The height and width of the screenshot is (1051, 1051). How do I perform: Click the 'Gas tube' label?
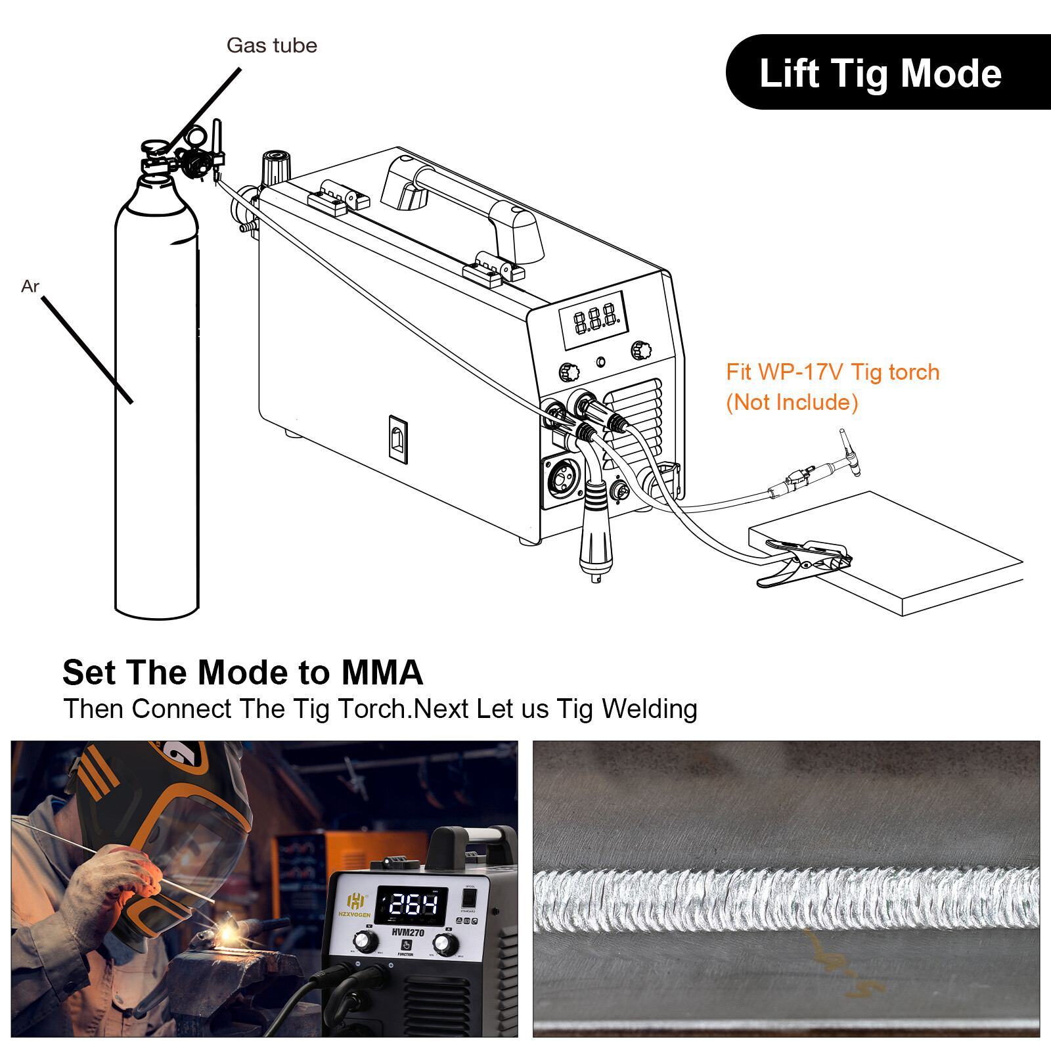tap(271, 45)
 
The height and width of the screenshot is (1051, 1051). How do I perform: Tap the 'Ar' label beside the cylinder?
tap(30, 286)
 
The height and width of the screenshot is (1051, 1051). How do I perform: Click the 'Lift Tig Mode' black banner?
tap(880, 72)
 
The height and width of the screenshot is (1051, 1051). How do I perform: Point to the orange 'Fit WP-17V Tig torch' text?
tap(832, 372)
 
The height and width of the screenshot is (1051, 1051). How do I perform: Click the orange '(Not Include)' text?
tap(792, 402)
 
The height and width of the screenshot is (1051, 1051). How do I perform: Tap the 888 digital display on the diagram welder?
tap(594, 320)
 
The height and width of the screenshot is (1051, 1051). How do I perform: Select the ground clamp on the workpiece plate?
tap(805, 560)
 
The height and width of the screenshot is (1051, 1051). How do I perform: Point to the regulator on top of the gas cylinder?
tap(190, 154)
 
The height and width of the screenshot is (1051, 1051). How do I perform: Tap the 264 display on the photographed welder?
tap(413, 905)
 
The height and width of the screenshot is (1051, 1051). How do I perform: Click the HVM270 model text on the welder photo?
tap(407, 932)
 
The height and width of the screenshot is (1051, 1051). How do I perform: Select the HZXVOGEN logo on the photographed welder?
tap(355, 905)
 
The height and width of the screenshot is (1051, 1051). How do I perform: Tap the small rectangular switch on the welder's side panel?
tap(398, 439)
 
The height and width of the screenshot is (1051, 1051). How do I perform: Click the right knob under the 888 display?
tap(640, 351)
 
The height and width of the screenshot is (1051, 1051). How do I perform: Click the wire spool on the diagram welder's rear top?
tap(276, 167)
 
